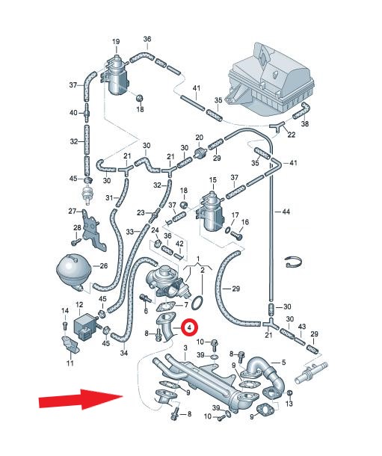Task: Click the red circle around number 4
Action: pos(189,327)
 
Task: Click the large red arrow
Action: pos(81,400)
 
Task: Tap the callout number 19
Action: pos(116,42)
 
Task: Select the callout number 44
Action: pos(286,212)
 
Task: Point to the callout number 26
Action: pos(103,266)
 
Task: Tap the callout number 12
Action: pos(79,305)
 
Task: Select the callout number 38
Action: pos(304,123)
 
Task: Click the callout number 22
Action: pos(291,135)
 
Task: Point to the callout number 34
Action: pos(124,354)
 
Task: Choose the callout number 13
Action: pos(289,404)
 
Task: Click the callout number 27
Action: pos(72,211)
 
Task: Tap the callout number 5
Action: pos(284,362)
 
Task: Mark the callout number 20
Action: pos(199,138)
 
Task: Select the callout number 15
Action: pos(213,179)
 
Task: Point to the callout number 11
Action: pos(70,363)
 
